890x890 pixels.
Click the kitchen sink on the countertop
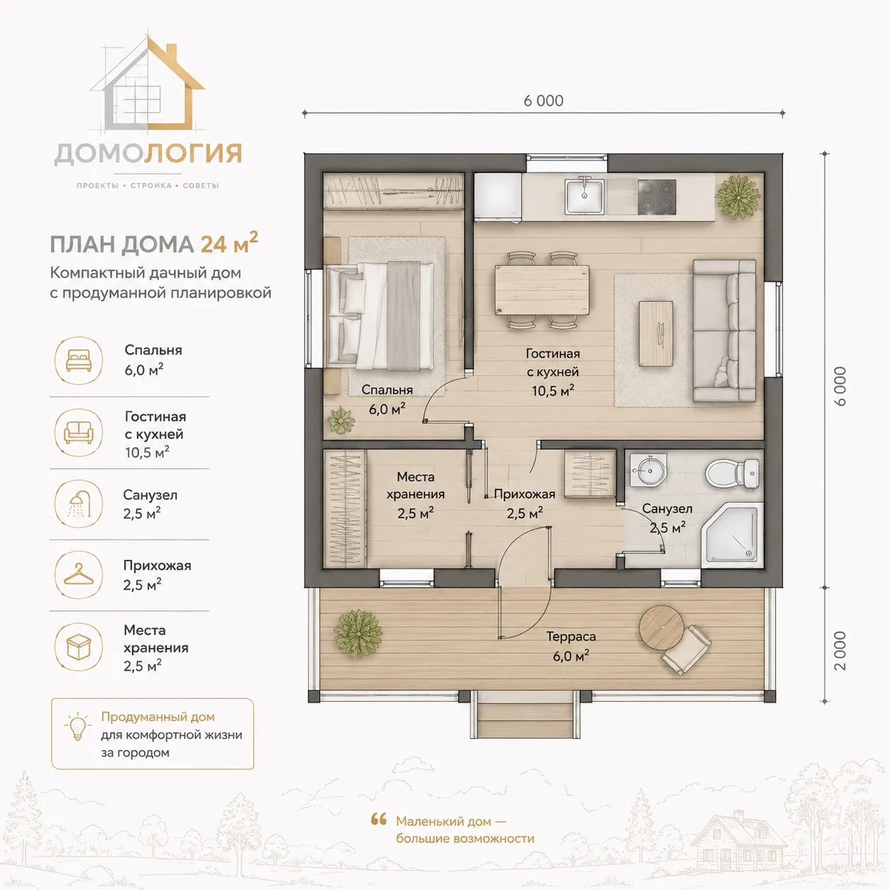tap(584, 196)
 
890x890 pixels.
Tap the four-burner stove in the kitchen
tap(656, 197)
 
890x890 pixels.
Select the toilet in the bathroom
tap(732, 473)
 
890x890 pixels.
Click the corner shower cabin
tap(731, 535)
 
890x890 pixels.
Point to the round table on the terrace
tap(661, 627)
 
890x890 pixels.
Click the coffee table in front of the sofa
tap(656, 334)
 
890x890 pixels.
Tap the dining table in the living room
tap(542, 290)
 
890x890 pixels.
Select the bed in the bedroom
tap(380, 316)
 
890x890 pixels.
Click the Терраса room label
tap(571, 637)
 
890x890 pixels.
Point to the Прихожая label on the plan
tap(524, 494)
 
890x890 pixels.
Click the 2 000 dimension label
tap(840, 651)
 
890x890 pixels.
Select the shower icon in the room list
tap(79, 503)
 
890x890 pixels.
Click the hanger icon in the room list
tap(79, 575)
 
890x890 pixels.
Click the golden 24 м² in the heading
tap(229, 243)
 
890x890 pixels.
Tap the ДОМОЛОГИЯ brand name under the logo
tap(148, 154)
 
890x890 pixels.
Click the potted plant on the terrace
tap(358, 633)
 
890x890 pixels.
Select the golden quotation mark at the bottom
tap(378, 819)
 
